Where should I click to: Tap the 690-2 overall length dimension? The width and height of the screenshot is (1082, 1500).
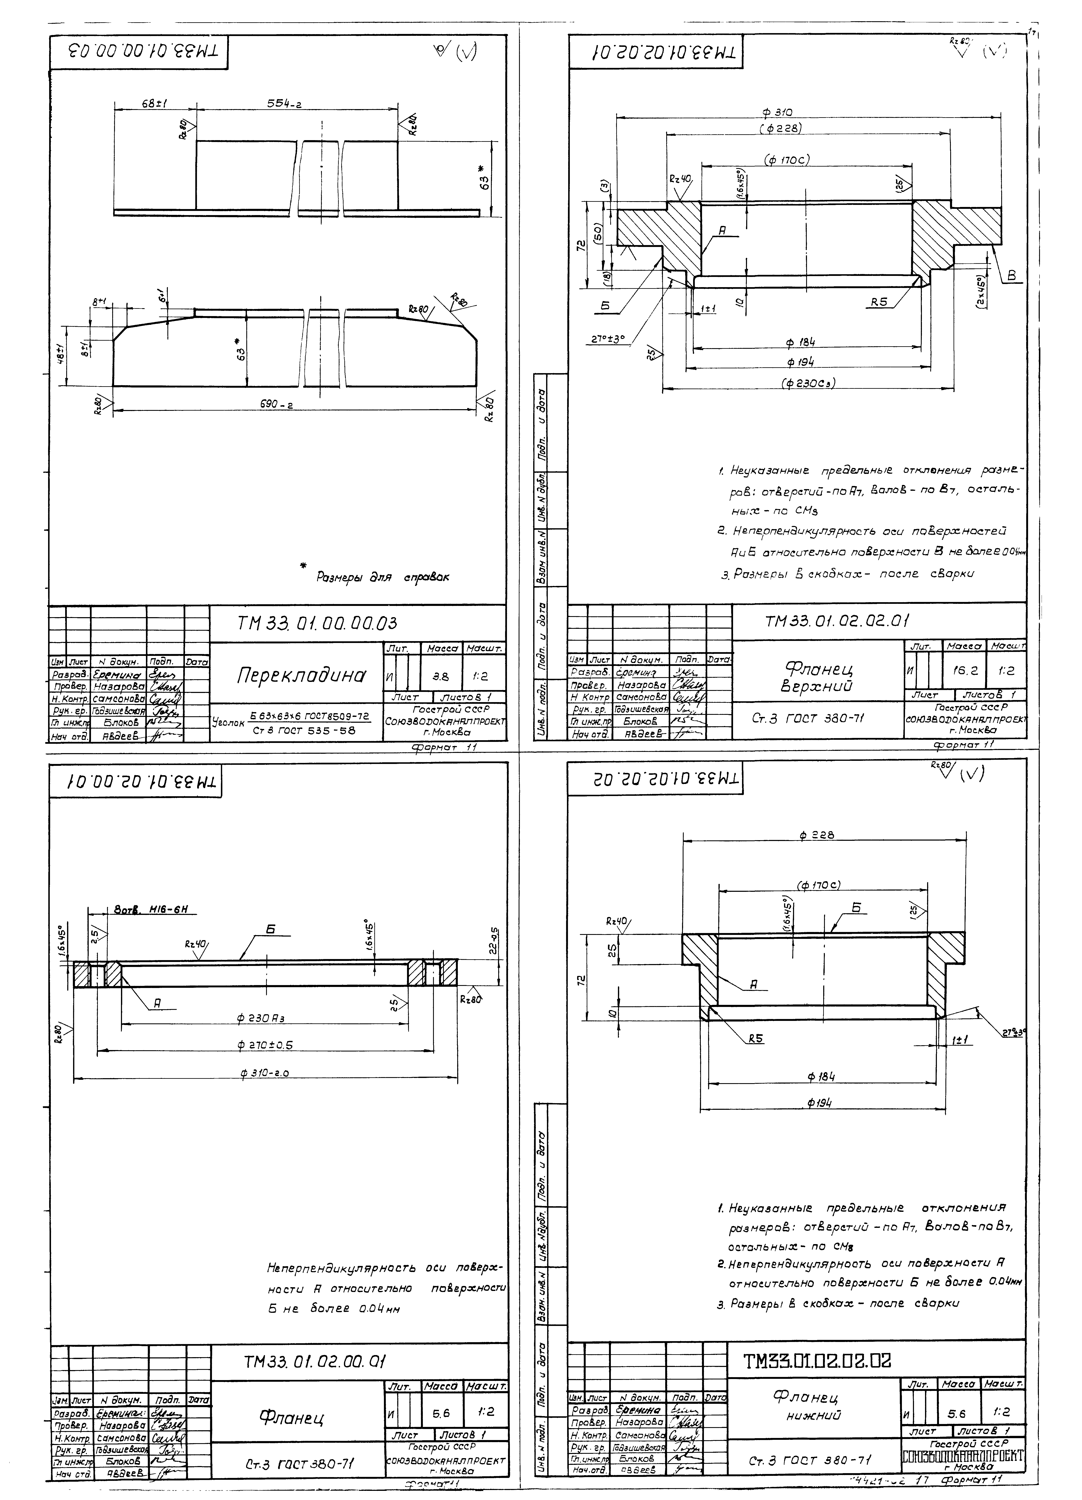pyautogui.click(x=276, y=405)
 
